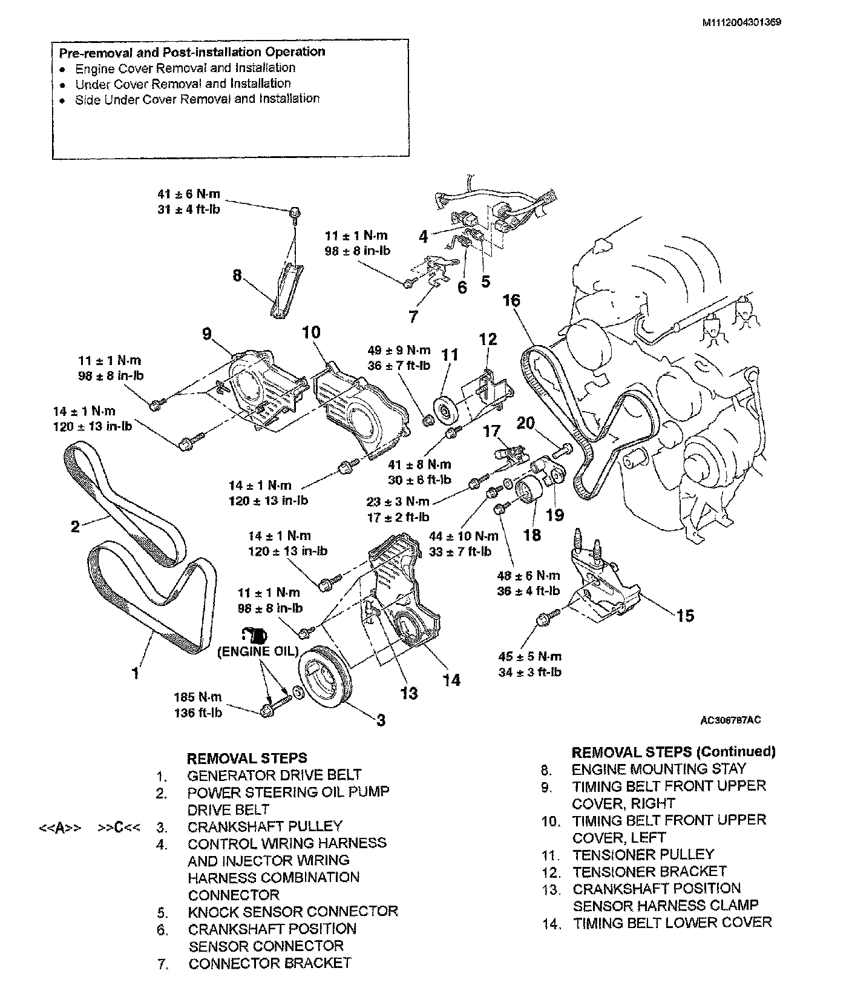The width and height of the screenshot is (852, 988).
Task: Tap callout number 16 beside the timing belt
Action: tap(511, 300)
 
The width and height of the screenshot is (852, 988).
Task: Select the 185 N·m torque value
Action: tap(198, 697)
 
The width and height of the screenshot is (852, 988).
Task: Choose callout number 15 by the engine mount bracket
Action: tap(685, 616)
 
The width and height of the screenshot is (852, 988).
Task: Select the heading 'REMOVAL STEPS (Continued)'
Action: tap(673, 752)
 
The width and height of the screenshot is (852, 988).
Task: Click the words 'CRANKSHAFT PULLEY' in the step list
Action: tap(264, 826)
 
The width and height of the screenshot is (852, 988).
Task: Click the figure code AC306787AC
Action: tap(730, 720)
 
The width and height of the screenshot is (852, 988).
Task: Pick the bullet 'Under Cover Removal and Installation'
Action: tap(183, 84)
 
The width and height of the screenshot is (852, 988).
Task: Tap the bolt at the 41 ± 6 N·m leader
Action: tap(294, 212)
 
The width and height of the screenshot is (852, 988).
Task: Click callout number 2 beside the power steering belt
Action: tap(75, 526)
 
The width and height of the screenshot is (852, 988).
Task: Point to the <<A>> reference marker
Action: tap(60, 828)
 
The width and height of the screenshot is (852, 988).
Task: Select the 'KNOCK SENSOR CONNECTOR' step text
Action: tap(293, 911)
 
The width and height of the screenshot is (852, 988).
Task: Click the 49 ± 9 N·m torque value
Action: tap(399, 350)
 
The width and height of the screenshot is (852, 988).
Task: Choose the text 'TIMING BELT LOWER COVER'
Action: tap(672, 923)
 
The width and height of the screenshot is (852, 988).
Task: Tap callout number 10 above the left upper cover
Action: tap(311, 332)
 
